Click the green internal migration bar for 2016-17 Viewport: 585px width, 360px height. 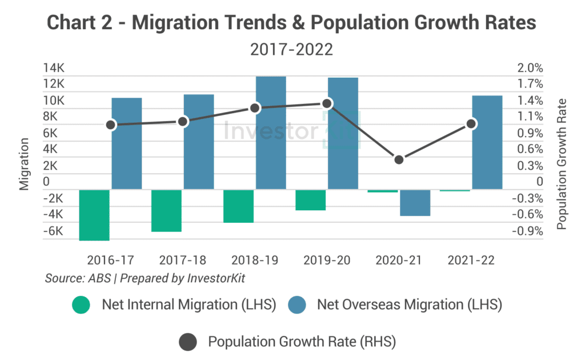point(94,215)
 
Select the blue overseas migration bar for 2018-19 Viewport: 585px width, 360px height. point(271,133)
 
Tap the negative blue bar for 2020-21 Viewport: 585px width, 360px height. point(415,202)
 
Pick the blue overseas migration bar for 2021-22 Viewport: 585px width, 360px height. point(487,142)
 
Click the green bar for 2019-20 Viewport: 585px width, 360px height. point(310,200)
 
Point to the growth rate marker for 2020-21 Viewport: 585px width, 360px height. point(399,159)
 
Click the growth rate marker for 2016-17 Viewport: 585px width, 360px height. point(111,125)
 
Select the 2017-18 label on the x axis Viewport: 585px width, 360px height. point(182,260)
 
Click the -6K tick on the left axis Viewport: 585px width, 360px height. point(54,231)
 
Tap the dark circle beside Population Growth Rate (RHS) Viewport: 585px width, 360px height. point(187,342)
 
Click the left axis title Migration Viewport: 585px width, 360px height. point(25,163)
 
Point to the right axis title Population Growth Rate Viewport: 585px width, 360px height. point(562,164)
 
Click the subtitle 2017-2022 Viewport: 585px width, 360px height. point(291,49)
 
